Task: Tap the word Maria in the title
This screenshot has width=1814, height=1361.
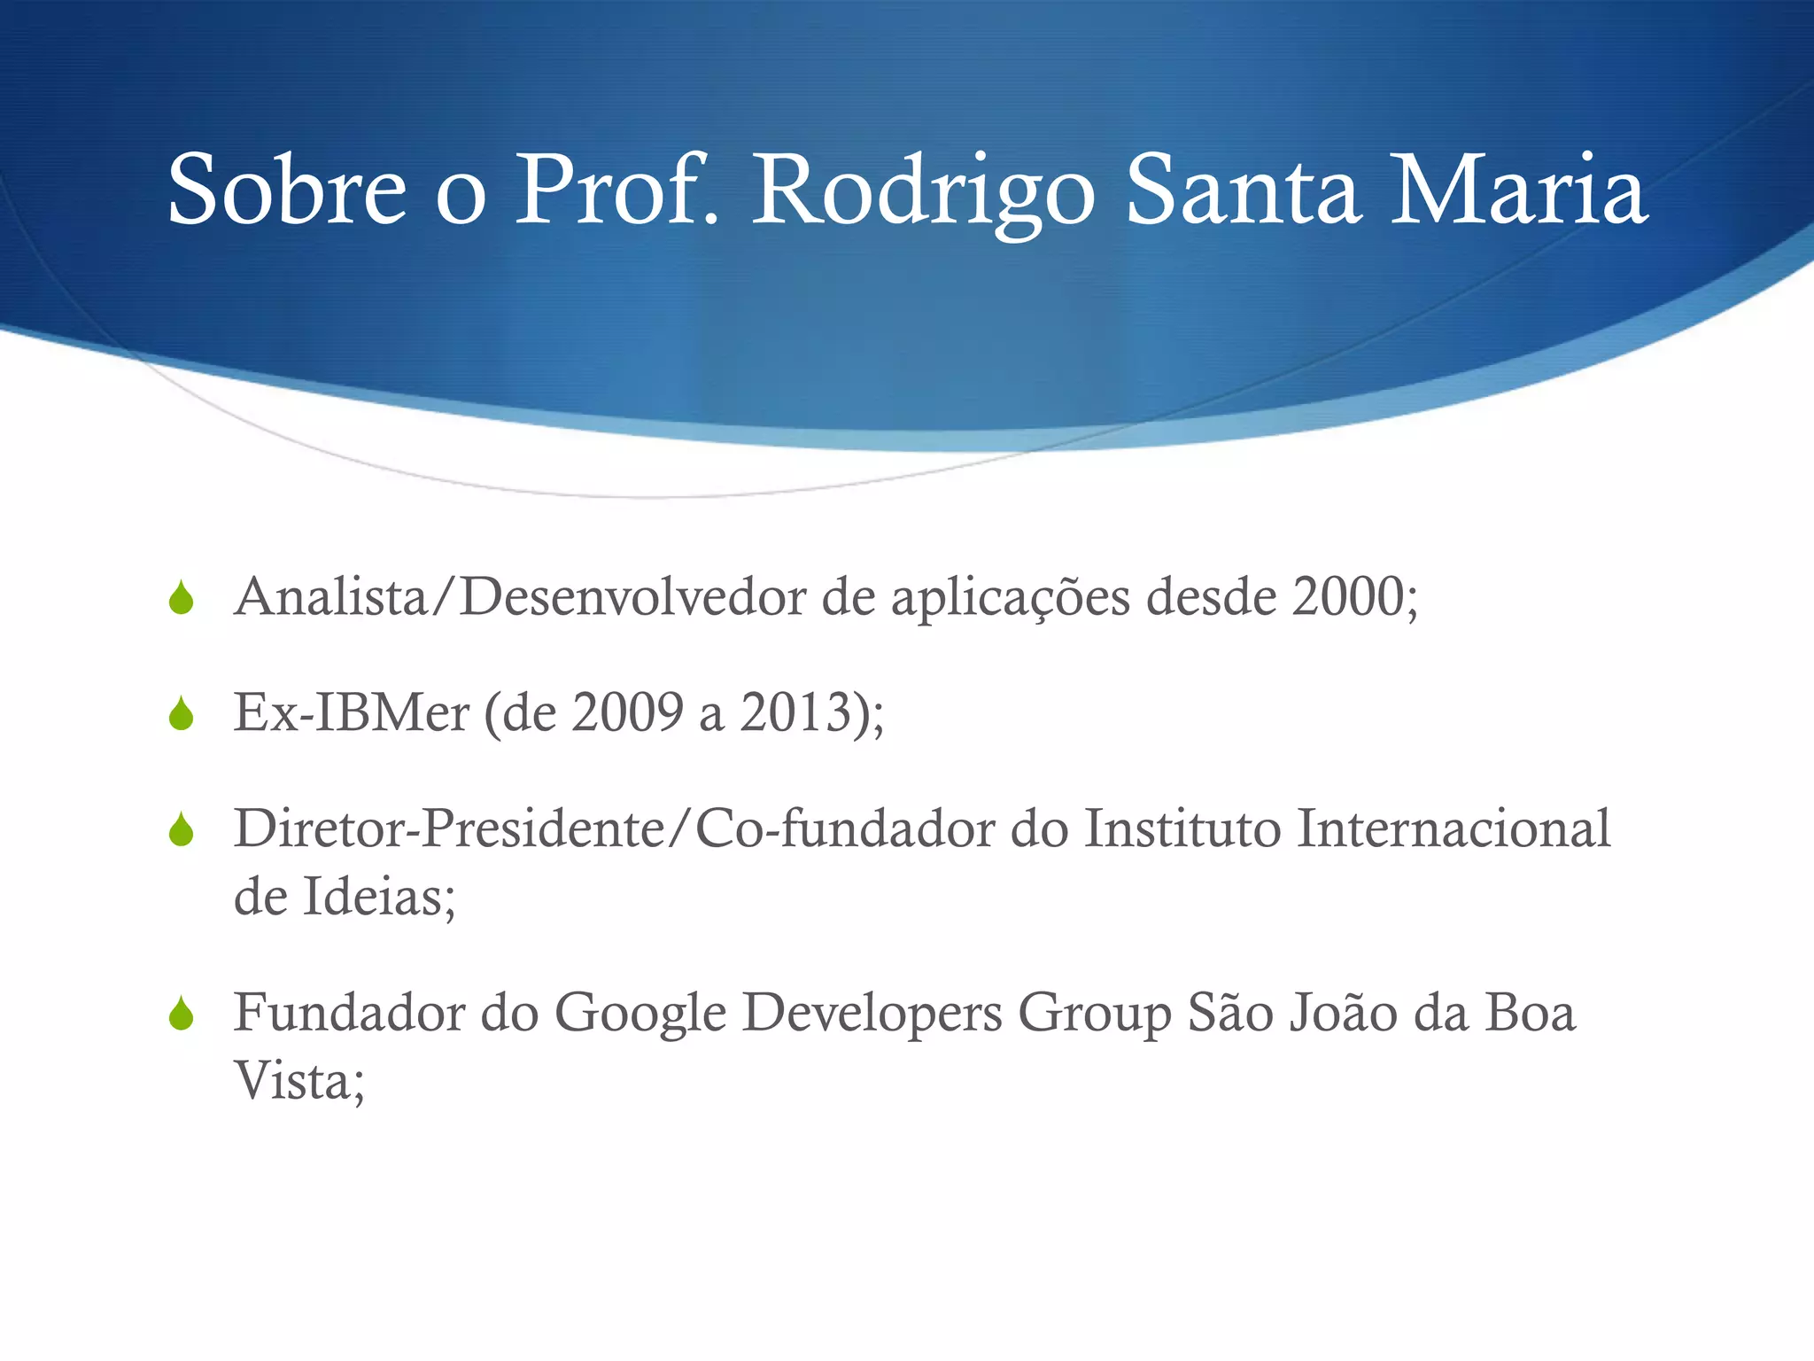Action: pyautogui.click(x=1518, y=191)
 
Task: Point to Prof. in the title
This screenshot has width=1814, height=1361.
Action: pyautogui.click(x=616, y=191)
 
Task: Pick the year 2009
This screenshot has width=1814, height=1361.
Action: pyautogui.click(x=627, y=712)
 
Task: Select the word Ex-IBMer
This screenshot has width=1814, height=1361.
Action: pyautogui.click(x=351, y=712)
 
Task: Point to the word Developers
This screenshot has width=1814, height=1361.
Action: pyautogui.click(x=872, y=1013)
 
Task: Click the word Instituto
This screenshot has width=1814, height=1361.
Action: pyautogui.click(x=1182, y=828)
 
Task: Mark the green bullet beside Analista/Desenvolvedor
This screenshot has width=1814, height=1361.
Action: pyautogui.click(x=182, y=598)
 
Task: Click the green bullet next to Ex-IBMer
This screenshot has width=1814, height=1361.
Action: pyautogui.click(x=182, y=713)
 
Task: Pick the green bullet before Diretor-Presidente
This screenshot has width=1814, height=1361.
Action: pyautogui.click(x=182, y=830)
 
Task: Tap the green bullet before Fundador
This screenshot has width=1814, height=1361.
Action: pyautogui.click(x=182, y=1014)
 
